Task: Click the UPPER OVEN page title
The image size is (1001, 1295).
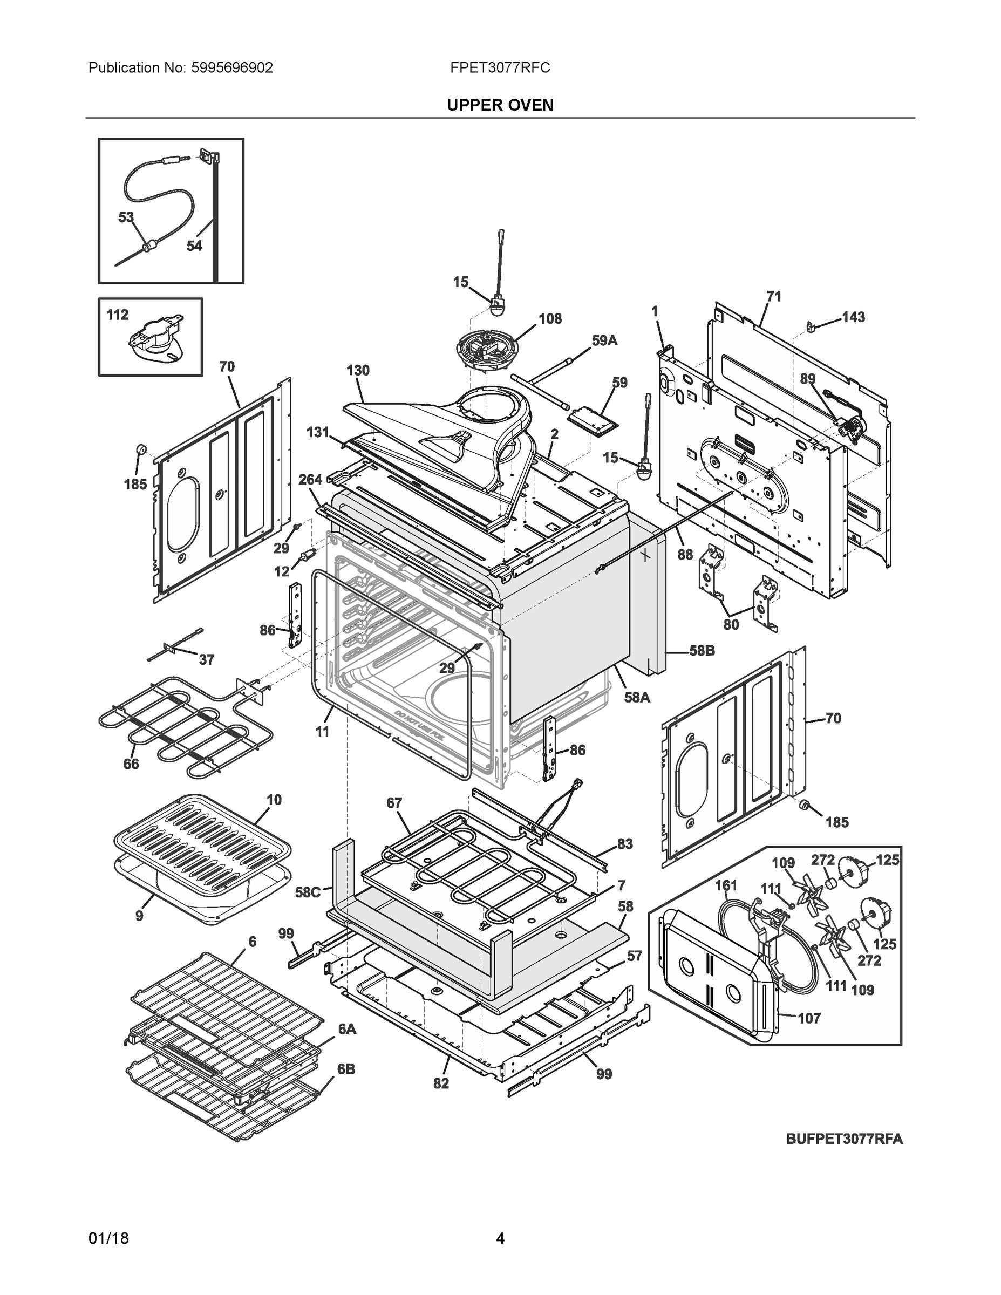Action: pyautogui.click(x=499, y=105)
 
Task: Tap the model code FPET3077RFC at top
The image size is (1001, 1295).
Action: pyautogui.click(x=499, y=68)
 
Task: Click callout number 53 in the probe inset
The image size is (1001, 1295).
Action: pyautogui.click(x=126, y=217)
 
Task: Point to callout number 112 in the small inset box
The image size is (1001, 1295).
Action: pyautogui.click(x=118, y=315)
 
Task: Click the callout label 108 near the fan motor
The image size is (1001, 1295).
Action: pyautogui.click(x=550, y=318)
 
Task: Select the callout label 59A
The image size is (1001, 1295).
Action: pyautogui.click(x=604, y=340)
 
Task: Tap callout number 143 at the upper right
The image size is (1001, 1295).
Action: pyautogui.click(x=853, y=317)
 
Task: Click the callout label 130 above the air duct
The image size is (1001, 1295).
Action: pyautogui.click(x=358, y=370)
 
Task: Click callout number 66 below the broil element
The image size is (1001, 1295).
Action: pyautogui.click(x=131, y=764)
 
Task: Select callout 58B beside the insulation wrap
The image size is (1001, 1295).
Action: pyautogui.click(x=702, y=650)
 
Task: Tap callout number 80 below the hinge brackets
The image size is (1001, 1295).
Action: pyautogui.click(x=731, y=624)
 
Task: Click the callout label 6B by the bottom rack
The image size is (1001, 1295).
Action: pyautogui.click(x=346, y=1069)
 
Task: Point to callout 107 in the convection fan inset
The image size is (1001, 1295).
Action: pyautogui.click(x=809, y=1018)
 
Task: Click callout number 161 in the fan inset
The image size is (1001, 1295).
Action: pyautogui.click(x=726, y=885)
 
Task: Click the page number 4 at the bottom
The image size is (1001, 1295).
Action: pyautogui.click(x=500, y=1239)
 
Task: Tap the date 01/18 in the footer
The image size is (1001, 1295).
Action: pyautogui.click(x=108, y=1239)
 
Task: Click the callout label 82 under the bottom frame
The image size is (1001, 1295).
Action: pyautogui.click(x=441, y=1083)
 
